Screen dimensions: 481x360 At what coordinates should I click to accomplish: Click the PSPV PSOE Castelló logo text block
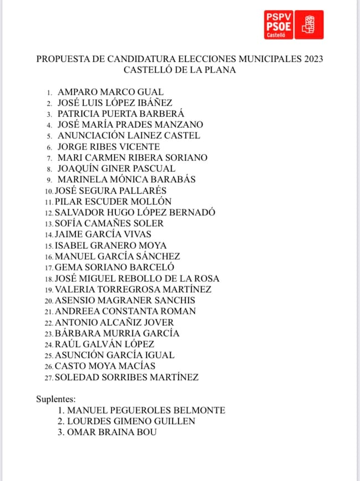[x=279, y=24]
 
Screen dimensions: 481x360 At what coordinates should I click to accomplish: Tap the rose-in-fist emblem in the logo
[x=308, y=24]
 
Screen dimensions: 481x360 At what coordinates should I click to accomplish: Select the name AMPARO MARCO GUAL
[x=110, y=92]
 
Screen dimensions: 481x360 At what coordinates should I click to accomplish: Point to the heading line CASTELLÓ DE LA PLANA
[x=179, y=70]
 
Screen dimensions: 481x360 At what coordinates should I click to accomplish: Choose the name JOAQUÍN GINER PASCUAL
[x=116, y=169]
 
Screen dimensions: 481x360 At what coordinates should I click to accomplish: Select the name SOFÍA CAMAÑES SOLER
[x=109, y=224]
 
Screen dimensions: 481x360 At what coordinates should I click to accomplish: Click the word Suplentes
[x=56, y=399]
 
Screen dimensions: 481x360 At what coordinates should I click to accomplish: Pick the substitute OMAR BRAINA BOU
[x=111, y=432]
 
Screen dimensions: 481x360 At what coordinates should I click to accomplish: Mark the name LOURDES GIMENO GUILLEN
[x=131, y=421]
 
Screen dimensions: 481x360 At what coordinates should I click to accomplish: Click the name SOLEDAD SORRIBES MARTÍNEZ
[x=126, y=377]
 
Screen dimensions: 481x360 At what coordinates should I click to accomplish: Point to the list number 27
[x=49, y=378]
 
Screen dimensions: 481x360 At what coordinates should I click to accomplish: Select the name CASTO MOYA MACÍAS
[x=105, y=366]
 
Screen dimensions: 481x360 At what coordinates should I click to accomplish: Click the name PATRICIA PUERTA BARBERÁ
[x=121, y=114]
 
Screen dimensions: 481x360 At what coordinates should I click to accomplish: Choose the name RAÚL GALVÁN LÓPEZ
[x=104, y=344]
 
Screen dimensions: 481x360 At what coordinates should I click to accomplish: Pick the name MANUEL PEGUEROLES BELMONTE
[x=146, y=410]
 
